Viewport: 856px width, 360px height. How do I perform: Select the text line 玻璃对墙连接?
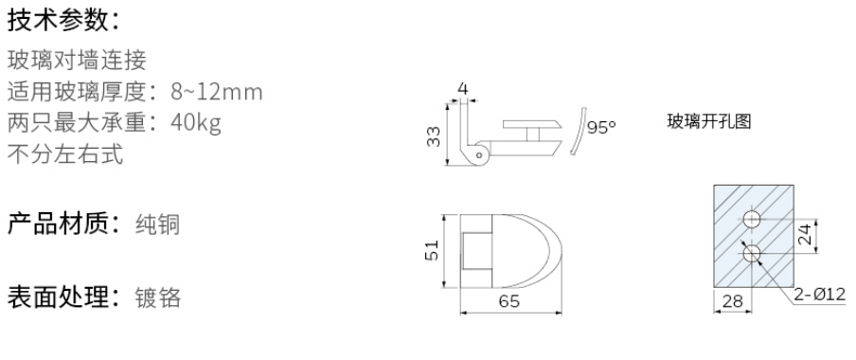[x=76, y=62]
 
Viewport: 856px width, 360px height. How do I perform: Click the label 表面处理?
[x=59, y=297]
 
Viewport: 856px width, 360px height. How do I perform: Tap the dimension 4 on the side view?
[x=463, y=90]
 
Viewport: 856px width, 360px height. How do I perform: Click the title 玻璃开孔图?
[x=710, y=123]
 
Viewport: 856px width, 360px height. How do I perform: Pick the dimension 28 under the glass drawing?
[x=731, y=302]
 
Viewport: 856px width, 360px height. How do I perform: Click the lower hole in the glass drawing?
[x=753, y=254]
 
